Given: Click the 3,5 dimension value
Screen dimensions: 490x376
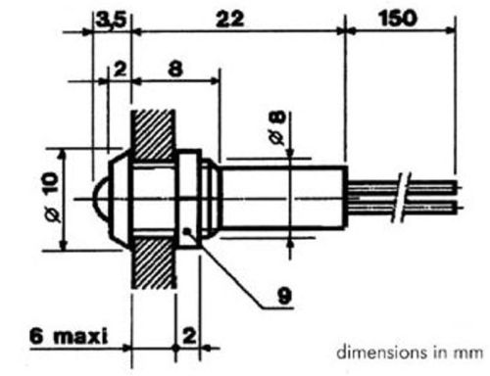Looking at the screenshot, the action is pyautogui.click(x=111, y=21).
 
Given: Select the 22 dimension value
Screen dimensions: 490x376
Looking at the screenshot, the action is pyautogui.click(x=230, y=19).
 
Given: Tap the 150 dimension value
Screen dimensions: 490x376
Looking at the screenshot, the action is pyautogui.click(x=398, y=18).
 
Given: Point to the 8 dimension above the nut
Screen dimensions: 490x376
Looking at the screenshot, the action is pyautogui.click(x=175, y=69).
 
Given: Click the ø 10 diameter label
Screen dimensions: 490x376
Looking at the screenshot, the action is pyautogui.click(x=52, y=198).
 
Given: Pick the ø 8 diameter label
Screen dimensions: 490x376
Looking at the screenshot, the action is pyautogui.click(x=277, y=127).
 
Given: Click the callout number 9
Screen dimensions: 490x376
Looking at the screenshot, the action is pyautogui.click(x=284, y=296).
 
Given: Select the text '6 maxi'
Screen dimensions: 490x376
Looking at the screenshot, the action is pyautogui.click(x=69, y=336).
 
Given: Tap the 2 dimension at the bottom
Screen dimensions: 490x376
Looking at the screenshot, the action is pyautogui.click(x=189, y=336).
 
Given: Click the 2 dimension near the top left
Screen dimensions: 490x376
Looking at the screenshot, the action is pyautogui.click(x=120, y=70).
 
